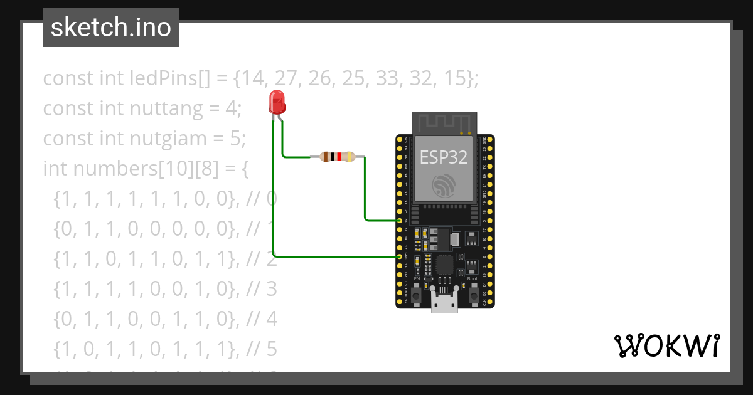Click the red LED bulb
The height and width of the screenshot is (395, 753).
276,102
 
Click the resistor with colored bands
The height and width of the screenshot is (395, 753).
338,157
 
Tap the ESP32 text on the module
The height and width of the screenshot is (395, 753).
444,157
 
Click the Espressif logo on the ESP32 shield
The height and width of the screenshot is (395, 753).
444,186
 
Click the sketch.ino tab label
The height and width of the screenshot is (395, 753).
111,28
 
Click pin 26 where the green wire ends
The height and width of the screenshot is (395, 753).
400,221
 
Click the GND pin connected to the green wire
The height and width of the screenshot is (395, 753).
400,256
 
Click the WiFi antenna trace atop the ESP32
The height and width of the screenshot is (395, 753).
444,122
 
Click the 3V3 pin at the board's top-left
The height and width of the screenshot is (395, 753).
400,139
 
